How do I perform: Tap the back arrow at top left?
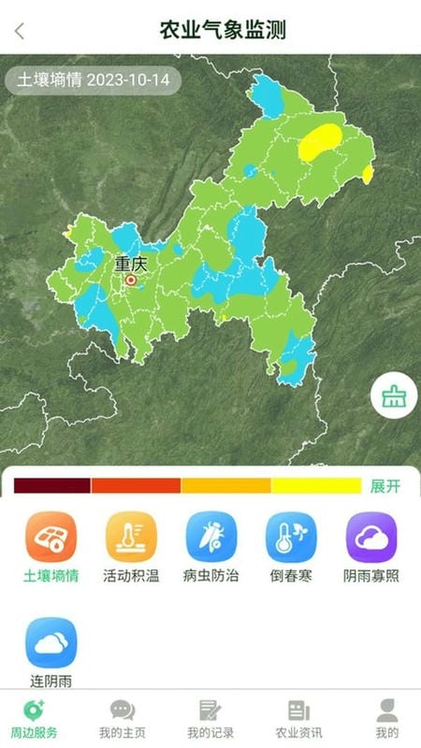[20, 30]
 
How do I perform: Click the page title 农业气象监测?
[223, 30]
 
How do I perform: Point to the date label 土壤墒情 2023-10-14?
[93, 79]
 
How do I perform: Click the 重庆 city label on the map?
[131, 264]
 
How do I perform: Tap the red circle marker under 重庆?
[131, 279]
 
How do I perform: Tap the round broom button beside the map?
[394, 397]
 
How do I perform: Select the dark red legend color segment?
[52, 485]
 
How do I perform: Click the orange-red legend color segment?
[136, 485]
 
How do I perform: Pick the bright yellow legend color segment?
[315, 485]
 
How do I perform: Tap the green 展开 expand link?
[385, 486]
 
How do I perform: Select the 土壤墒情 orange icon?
[51, 537]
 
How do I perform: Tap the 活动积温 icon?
[131, 537]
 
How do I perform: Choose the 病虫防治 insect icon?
[211, 537]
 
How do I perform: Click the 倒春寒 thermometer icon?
[291, 537]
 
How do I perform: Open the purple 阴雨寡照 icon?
[371, 537]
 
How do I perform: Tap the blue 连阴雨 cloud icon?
[51, 642]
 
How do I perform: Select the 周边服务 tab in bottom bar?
[34, 718]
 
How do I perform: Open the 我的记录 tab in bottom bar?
[210, 718]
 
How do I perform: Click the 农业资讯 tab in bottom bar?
[298, 718]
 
